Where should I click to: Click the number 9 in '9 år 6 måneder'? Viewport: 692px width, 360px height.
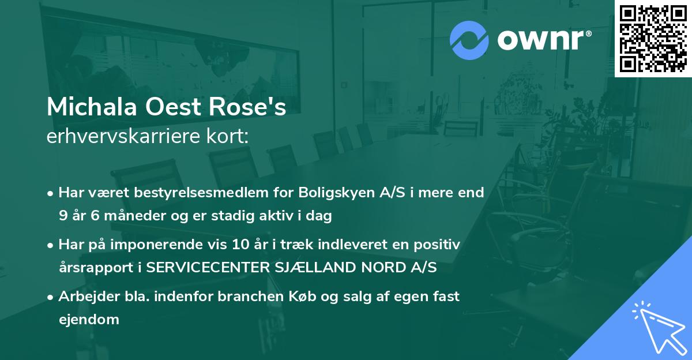[63, 216]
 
